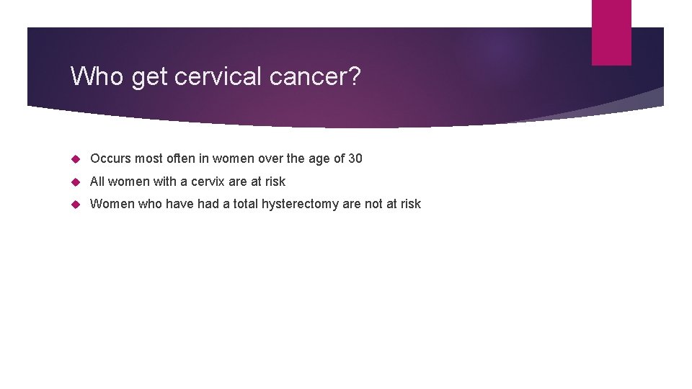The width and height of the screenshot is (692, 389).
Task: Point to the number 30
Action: coord(355,158)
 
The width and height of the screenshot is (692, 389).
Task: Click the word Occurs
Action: coord(110,158)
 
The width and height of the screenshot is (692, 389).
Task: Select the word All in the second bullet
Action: coord(97,182)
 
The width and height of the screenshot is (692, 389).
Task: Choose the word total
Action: coord(242,204)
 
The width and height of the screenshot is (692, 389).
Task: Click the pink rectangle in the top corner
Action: coord(611,32)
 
